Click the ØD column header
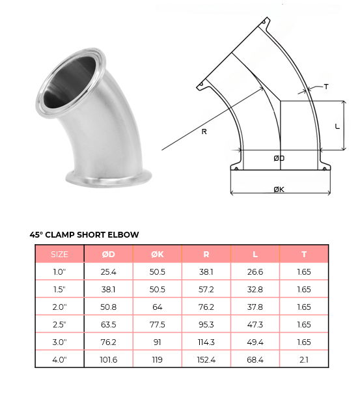pos(108,254)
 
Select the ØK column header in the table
pos(158,254)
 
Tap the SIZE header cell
pos(59,254)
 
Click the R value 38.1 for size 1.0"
pos(206,271)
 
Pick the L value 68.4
pos(255,359)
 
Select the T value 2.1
pos(304,359)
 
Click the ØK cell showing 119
pos(158,359)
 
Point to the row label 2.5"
pos(59,324)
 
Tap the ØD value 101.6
pos(108,359)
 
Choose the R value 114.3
pos(206,342)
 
